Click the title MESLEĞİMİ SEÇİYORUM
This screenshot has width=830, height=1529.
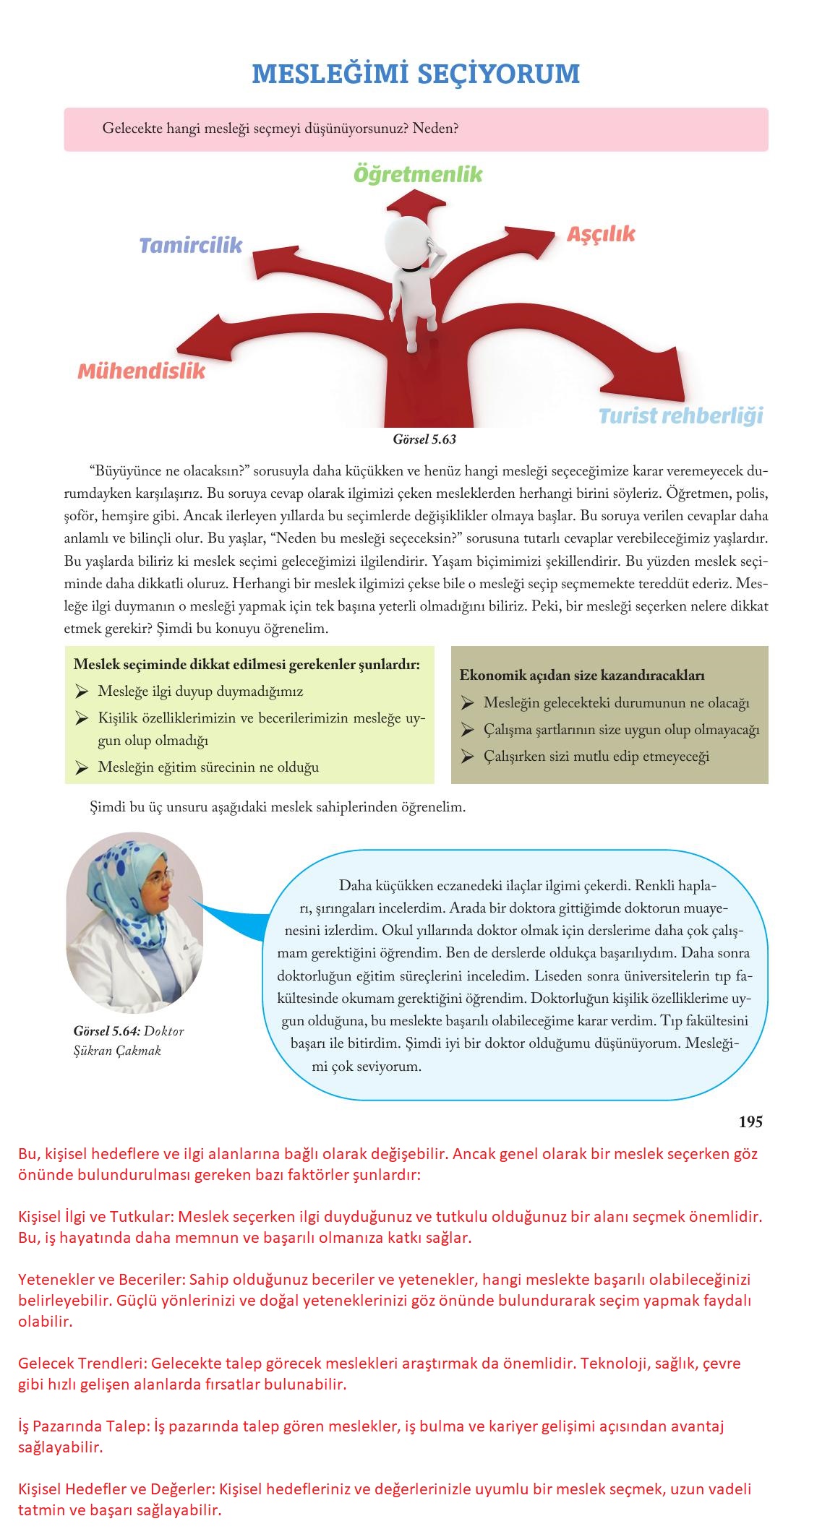pos(416,74)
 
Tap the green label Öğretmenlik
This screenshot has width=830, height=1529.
pos(417,174)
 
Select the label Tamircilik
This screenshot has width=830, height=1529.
pos(190,246)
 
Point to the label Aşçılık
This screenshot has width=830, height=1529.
pos(600,234)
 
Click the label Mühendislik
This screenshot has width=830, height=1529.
pos(141,371)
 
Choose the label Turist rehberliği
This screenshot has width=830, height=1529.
pos(680,416)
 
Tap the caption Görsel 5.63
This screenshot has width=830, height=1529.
pos(424,439)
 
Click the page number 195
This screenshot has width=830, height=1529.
pos(750,1121)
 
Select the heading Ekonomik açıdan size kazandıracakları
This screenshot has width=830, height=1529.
pos(582,676)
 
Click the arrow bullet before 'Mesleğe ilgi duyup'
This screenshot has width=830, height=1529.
pos(81,692)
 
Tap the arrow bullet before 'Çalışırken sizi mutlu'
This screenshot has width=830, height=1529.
pos(467,757)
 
